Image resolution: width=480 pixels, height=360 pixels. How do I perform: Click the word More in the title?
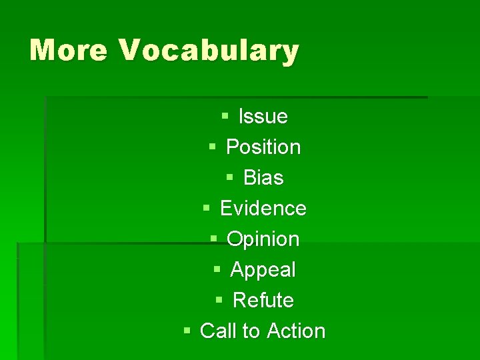68,51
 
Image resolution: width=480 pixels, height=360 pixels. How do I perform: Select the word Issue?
263,117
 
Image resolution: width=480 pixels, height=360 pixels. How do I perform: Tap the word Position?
263,147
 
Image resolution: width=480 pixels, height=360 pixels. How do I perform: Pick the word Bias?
263,178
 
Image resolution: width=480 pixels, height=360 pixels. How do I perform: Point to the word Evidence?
263,209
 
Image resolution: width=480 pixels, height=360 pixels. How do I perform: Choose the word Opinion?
263,239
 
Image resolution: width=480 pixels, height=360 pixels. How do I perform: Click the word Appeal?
263,270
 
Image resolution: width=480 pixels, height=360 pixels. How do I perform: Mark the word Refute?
263,301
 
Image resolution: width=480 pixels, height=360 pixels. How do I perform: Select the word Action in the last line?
296,331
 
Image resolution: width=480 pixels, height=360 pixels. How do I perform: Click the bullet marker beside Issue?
225,117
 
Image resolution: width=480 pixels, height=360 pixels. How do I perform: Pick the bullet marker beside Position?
212,147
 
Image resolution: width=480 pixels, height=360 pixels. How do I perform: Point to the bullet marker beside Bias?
229,177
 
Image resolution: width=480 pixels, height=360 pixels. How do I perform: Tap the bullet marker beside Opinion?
213,239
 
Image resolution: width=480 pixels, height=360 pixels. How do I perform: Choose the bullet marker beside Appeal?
217,269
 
